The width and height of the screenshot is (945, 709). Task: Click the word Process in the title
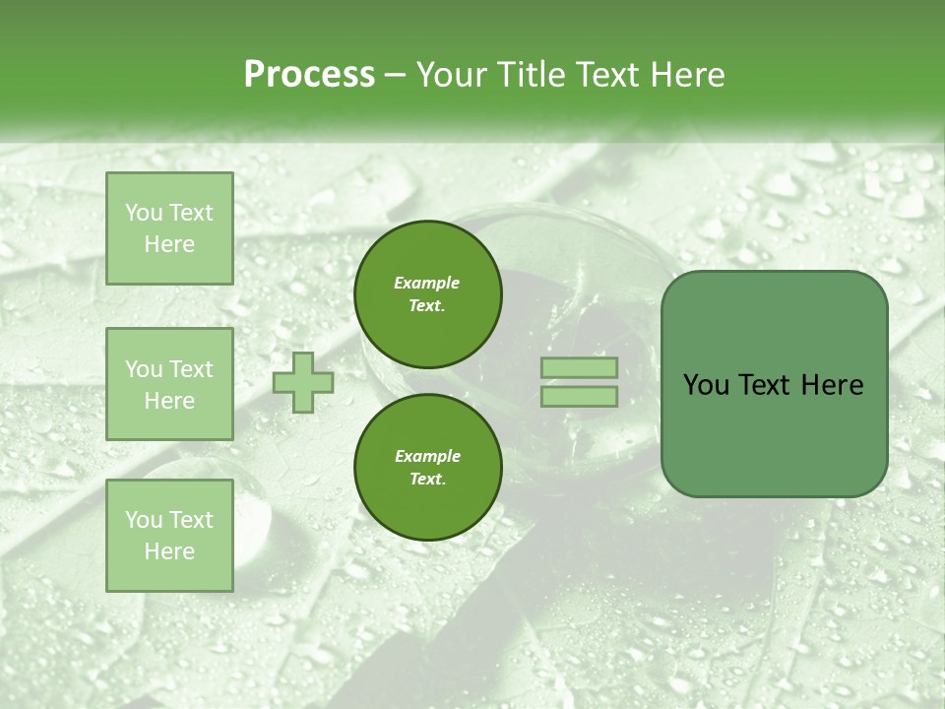pyautogui.click(x=309, y=75)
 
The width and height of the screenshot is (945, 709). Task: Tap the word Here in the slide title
pyautogui.click(x=685, y=75)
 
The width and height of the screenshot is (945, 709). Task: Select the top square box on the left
pyautogui.click(x=169, y=228)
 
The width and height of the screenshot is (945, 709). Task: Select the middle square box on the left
pyautogui.click(x=169, y=384)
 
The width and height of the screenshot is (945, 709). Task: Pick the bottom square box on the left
pyautogui.click(x=169, y=535)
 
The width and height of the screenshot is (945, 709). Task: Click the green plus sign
pyautogui.click(x=302, y=383)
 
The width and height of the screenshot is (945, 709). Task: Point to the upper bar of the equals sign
pyautogui.click(x=579, y=367)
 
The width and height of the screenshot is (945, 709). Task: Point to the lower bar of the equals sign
pyautogui.click(x=579, y=397)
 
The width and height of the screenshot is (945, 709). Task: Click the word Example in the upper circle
pyautogui.click(x=427, y=283)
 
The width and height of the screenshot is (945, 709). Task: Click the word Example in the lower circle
pyautogui.click(x=427, y=456)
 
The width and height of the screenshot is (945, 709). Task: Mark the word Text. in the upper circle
pyautogui.click(x=427, y=306)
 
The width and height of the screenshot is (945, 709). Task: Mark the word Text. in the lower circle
pyautogui.click(x=427, y=480)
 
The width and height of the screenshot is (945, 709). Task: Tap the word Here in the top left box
pyautogui.click(x=169, y=244)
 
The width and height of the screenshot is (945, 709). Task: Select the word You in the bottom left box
pyautogui.click(x=143, y=519)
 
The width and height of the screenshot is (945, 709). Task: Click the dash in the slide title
pyautogui.click(x=396, y=75)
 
